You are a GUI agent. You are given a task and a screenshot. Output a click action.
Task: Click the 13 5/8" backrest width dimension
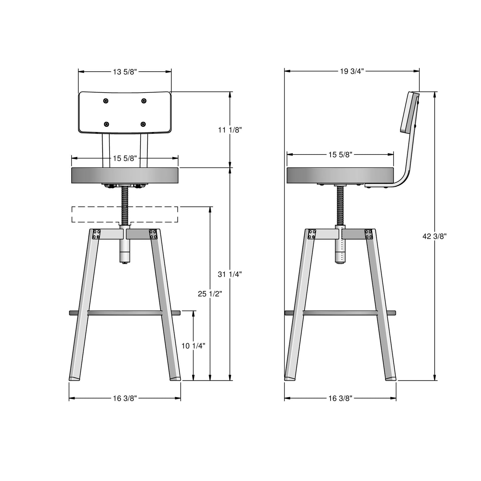125,72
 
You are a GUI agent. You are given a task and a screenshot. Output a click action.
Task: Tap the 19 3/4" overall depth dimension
352,71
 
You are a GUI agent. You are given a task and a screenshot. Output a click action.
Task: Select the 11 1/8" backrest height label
230,130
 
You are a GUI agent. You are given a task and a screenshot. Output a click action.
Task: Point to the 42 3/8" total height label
435,236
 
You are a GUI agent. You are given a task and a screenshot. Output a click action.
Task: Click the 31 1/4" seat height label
230,274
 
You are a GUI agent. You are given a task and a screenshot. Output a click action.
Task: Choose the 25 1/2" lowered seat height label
210,294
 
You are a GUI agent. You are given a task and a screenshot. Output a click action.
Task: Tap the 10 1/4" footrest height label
193,346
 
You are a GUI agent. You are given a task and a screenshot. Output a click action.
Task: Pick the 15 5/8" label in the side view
340,155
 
